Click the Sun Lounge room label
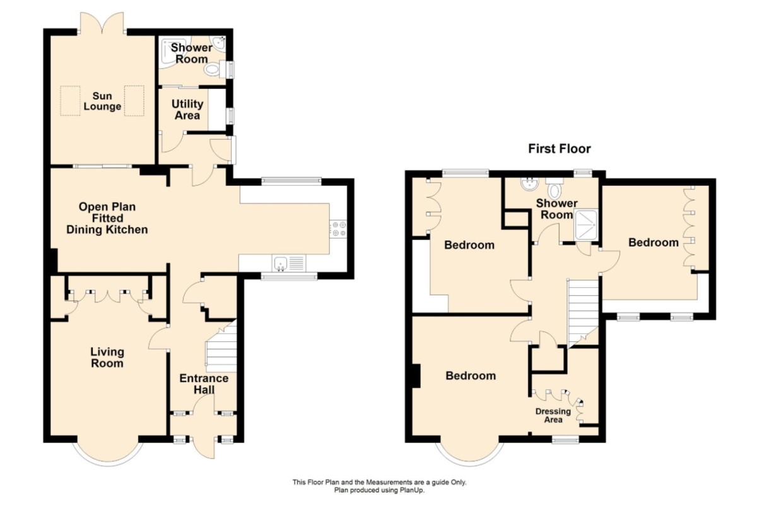tap(102, 101)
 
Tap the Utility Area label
tap(187, 110)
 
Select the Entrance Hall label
tap(204, 384)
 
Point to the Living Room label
tap(107, 357)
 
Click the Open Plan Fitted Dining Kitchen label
tap(107, 218)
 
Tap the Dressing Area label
tap(553, 415)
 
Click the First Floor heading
tap(560, 149)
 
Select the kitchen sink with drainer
tap(289, 264)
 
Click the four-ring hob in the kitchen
tap(338, 229)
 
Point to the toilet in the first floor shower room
tap(555, 189)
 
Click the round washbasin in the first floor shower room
tap(528, 184)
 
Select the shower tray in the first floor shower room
tap(585, 225)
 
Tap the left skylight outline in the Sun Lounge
tap(70, 101)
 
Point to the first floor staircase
tap(583, 314)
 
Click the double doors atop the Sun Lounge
tap(102, 23)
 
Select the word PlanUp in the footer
tap(412, 490)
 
